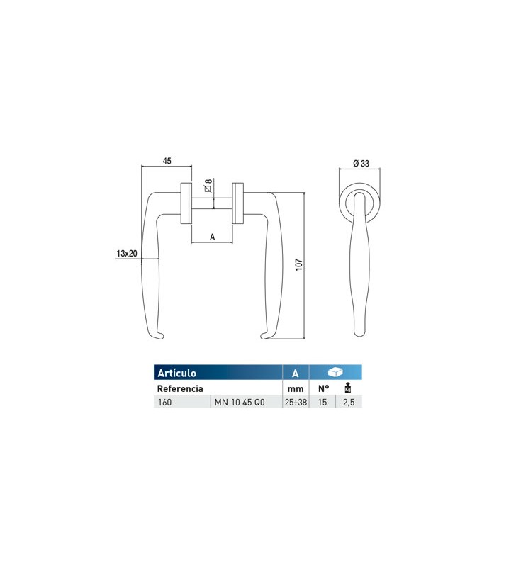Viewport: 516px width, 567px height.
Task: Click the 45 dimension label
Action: click(x=167, y=161)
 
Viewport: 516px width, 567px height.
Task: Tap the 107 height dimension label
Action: click(x=298, y=264)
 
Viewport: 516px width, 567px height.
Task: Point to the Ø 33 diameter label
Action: click(x=361, y=164)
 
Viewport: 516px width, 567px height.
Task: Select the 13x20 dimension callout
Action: click(x=127, y=254)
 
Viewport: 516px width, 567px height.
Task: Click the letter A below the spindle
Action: click(x=212, y=237)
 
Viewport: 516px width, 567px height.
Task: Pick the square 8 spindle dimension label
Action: click(x=208, y=186)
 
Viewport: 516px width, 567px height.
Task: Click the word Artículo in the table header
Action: click(x=176, y=373)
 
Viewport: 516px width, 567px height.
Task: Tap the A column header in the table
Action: click(x=296, y=374)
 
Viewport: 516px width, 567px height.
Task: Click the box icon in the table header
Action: click(x=335, y=372)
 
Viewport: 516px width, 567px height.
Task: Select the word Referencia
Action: click(x=180, y=388)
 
